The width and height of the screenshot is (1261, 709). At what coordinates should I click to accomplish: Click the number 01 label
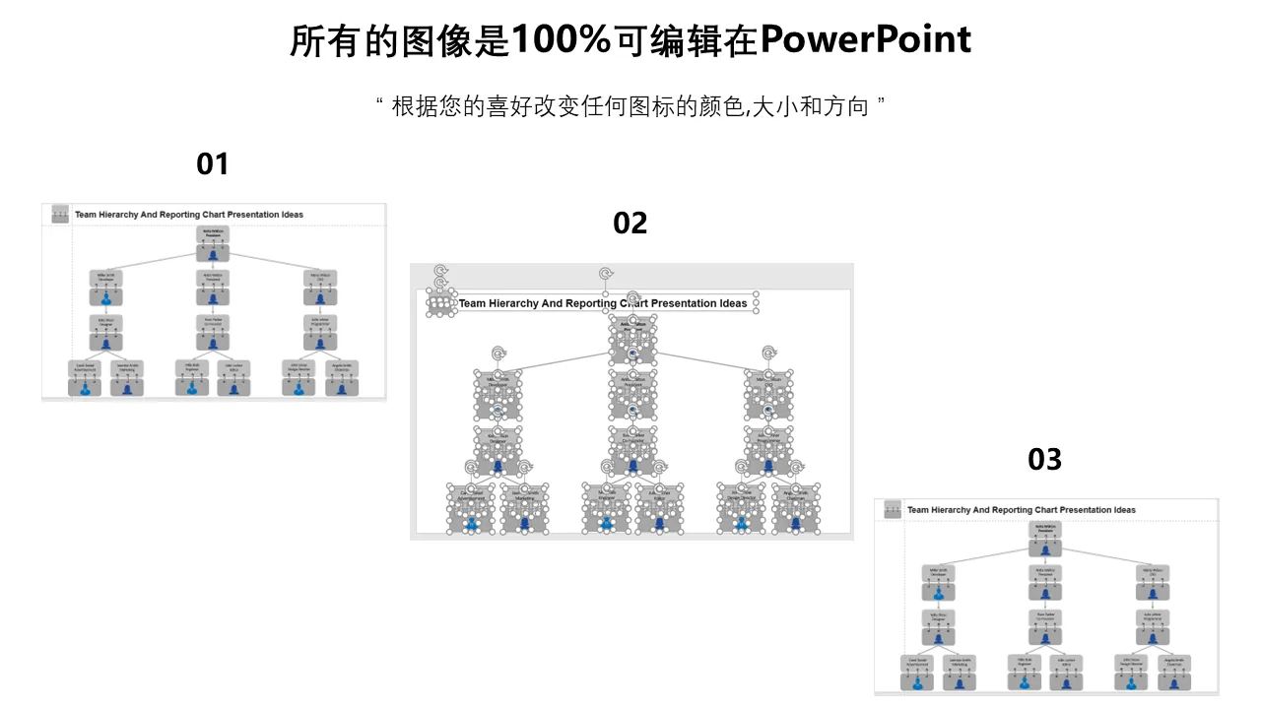[213, 163]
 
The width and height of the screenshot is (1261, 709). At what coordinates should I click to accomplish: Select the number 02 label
[630, 224]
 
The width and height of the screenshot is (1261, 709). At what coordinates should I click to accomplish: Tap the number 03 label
[1045, 459]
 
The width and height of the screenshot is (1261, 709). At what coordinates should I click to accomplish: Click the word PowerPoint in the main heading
[866, 40]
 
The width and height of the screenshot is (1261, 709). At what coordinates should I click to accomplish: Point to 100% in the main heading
[562, 40]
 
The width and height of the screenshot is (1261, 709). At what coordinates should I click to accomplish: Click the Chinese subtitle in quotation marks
[630, 106]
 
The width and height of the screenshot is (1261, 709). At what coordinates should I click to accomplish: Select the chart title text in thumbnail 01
[189, 215]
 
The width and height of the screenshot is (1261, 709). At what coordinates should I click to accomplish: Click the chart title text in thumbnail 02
[603, 303]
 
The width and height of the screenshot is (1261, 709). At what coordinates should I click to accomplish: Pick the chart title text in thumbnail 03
[1021, 510]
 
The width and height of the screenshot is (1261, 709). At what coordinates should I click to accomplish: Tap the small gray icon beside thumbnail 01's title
[60, 214]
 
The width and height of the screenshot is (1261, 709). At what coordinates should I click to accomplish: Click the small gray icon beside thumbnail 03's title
[893, 509]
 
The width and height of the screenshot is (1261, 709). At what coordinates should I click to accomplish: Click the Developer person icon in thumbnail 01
[106, 297]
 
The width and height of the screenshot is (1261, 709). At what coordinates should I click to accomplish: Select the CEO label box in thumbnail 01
[319, 278]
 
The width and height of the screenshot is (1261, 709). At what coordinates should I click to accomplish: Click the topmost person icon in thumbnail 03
[1045, 548]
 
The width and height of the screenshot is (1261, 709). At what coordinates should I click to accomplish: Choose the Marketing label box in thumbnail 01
[128, 368]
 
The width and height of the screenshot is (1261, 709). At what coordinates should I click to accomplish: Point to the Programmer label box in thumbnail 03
[1152, 617]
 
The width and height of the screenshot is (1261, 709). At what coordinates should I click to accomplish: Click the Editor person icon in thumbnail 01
[234, 388]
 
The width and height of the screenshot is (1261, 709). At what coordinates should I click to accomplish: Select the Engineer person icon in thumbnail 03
[1025, 681]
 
